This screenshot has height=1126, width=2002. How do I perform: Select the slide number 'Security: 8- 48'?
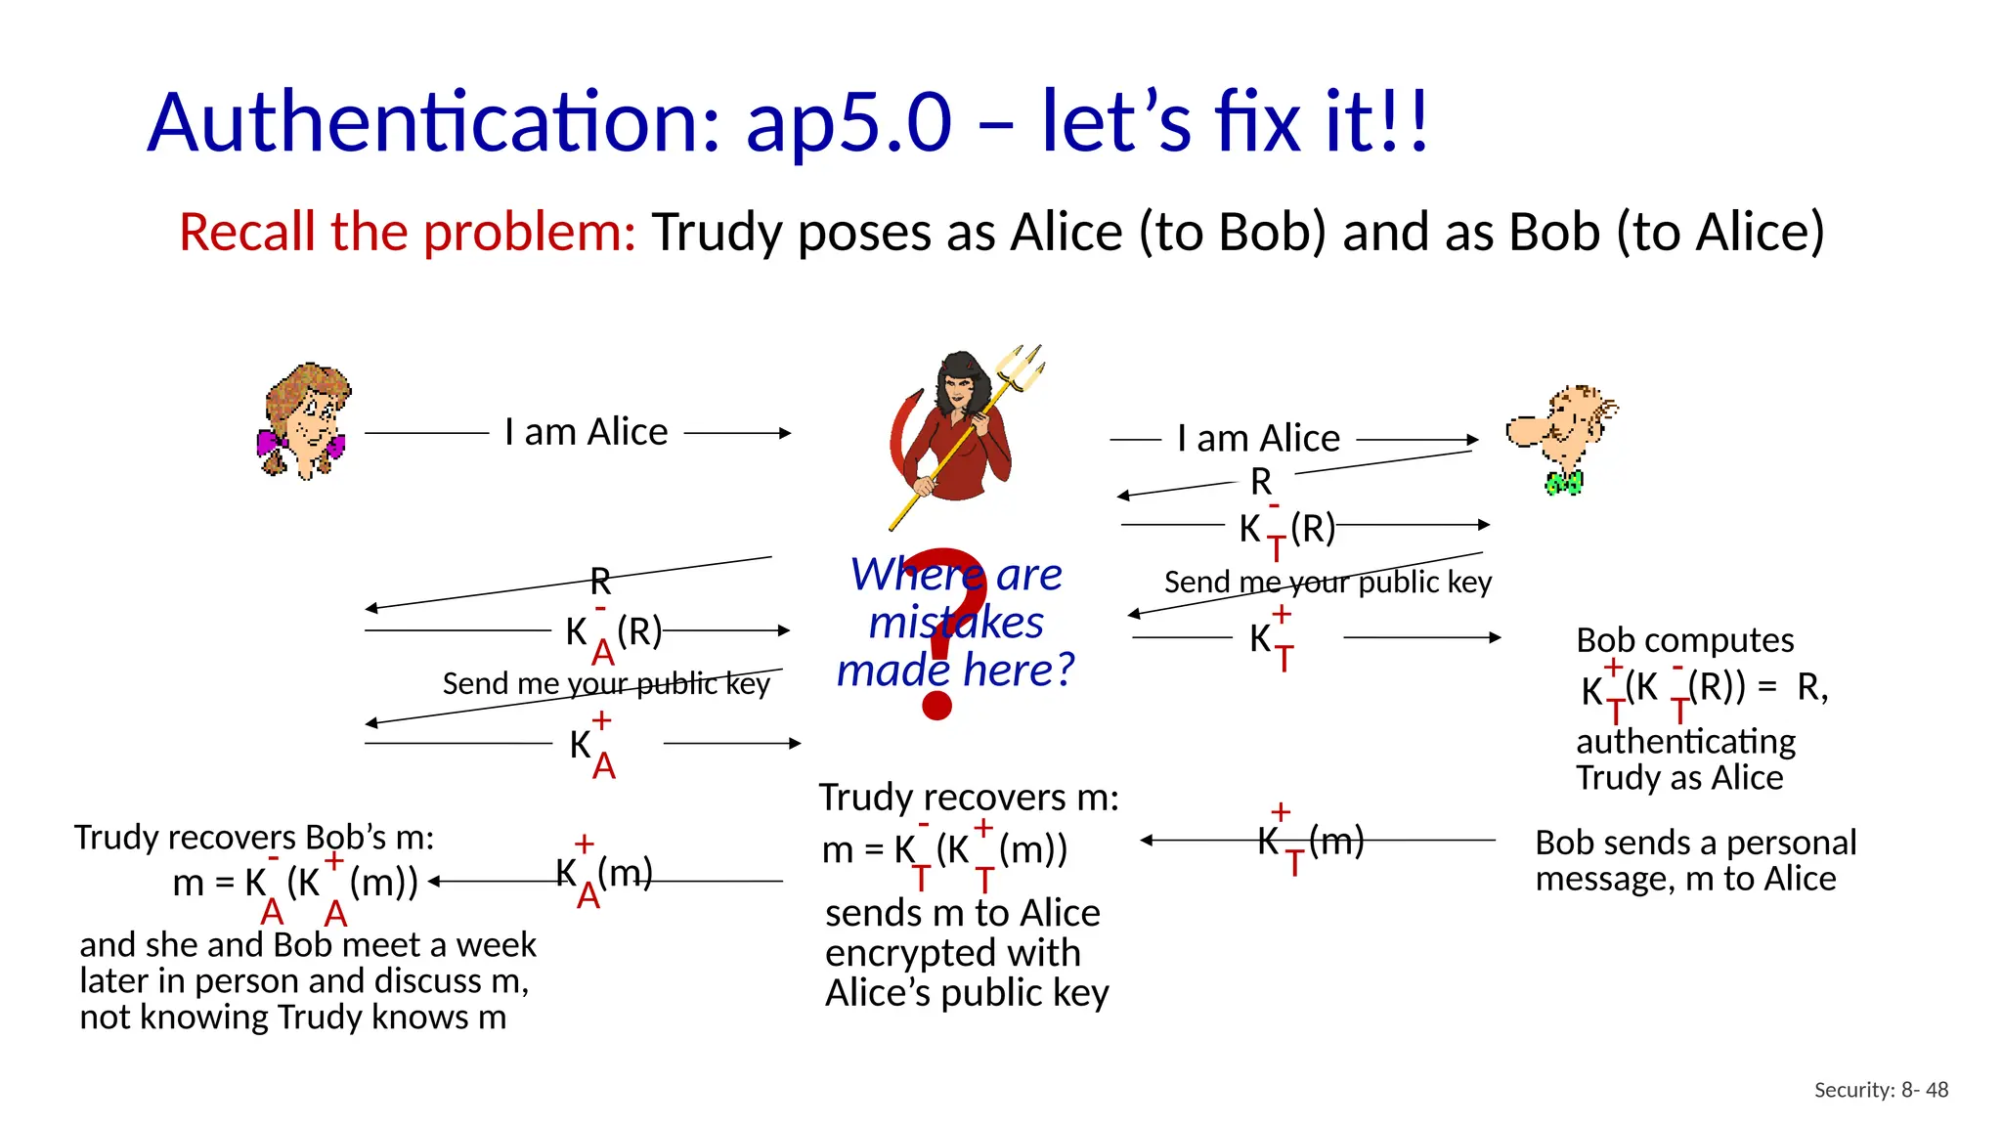(1881, 1090)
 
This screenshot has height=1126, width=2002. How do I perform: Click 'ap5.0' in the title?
(848, 123)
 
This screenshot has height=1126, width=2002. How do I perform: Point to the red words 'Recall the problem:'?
(407, 233)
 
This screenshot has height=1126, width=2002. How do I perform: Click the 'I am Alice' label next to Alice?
(586, 432)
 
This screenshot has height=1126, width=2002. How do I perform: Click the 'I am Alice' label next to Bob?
(1258, 439)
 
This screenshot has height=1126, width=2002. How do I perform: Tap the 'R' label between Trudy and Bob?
(1261, 482)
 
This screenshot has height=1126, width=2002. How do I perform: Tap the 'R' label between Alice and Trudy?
(600, 583)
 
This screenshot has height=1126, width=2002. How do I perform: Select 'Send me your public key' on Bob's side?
(1327, 583)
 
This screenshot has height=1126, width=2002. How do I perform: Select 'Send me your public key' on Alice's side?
(606, 684)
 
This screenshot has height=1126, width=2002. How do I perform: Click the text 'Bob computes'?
(1684, 640)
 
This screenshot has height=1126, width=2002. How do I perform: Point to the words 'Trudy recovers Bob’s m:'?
(254, 838)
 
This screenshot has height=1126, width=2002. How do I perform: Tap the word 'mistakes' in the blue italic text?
(956, 623)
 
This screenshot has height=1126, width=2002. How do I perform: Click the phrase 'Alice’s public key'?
(967, 993)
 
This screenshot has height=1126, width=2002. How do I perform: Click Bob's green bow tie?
(1563, 483)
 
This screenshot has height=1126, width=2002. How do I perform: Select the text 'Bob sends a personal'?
(1695, 843)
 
